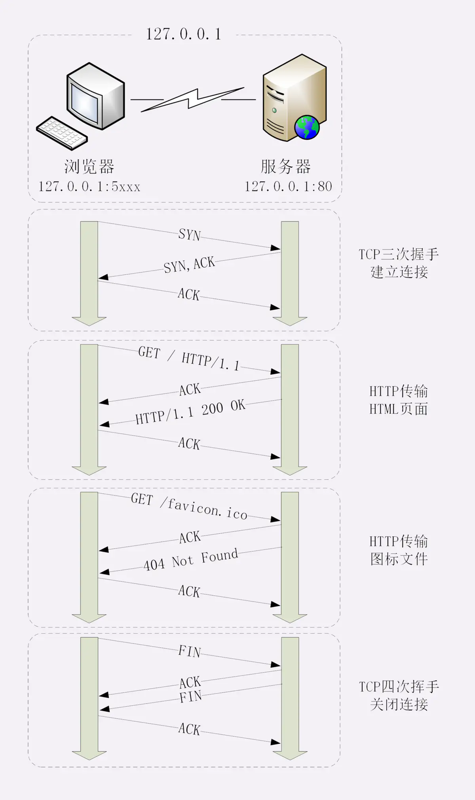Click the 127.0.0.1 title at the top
pyautogui.click(x=183, y=34)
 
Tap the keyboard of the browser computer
pyautogui.click(x=62, y=133)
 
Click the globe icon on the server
pyautogui.click(x=307, y=128)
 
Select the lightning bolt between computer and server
pyautogui.click(x=193, y=99)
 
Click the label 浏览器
pyautogui.click(x=89, y=167)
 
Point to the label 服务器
pyautogui.click(x=285, y=167)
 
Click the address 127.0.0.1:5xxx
pyautogui.click(x=89, y=187)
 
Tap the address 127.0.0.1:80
pyautogui.click(x=288, y=187)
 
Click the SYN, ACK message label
pyautogui.click(x=189, y=265)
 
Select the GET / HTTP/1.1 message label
pyautogui.click(x=189, y=358)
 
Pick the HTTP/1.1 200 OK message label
pyautogui.click(x=190, y=412)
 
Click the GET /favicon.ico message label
pyautogui.click(x=189, y=506)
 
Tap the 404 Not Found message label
pyautogui.click(x=190, y=560)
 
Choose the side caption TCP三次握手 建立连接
pyautogui.click(x=399, y=263)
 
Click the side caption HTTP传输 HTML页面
pyautogui.click(x=399, y=400)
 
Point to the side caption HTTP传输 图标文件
pyautogui.click(x=399, y=550)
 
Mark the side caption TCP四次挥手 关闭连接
pyautogui.click(x=399, y=695)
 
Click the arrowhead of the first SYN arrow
pyautogui.click(x=275, y=248)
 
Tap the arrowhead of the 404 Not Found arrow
pyautogui.click(x=104, y=571)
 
